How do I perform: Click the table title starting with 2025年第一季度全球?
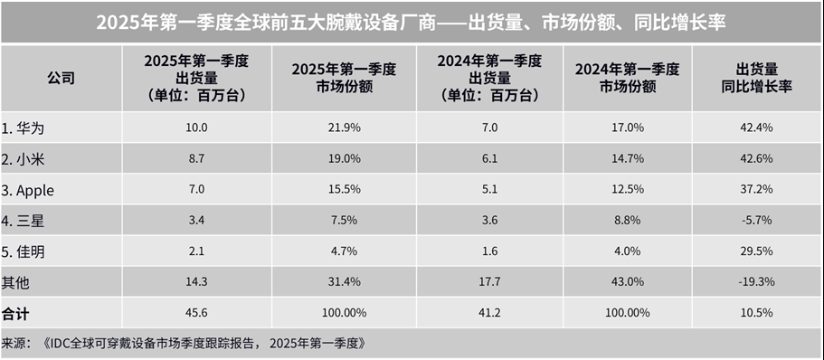click(412, 22)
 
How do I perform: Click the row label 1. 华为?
click(24, 128)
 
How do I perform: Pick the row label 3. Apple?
click(31, 189)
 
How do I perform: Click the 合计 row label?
click(16, 312)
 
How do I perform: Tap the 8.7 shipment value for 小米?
click(195, 158)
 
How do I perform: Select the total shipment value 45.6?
click(195, 312)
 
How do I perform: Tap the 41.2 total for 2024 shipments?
click(488, 312)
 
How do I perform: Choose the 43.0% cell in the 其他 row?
click(628, 282)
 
